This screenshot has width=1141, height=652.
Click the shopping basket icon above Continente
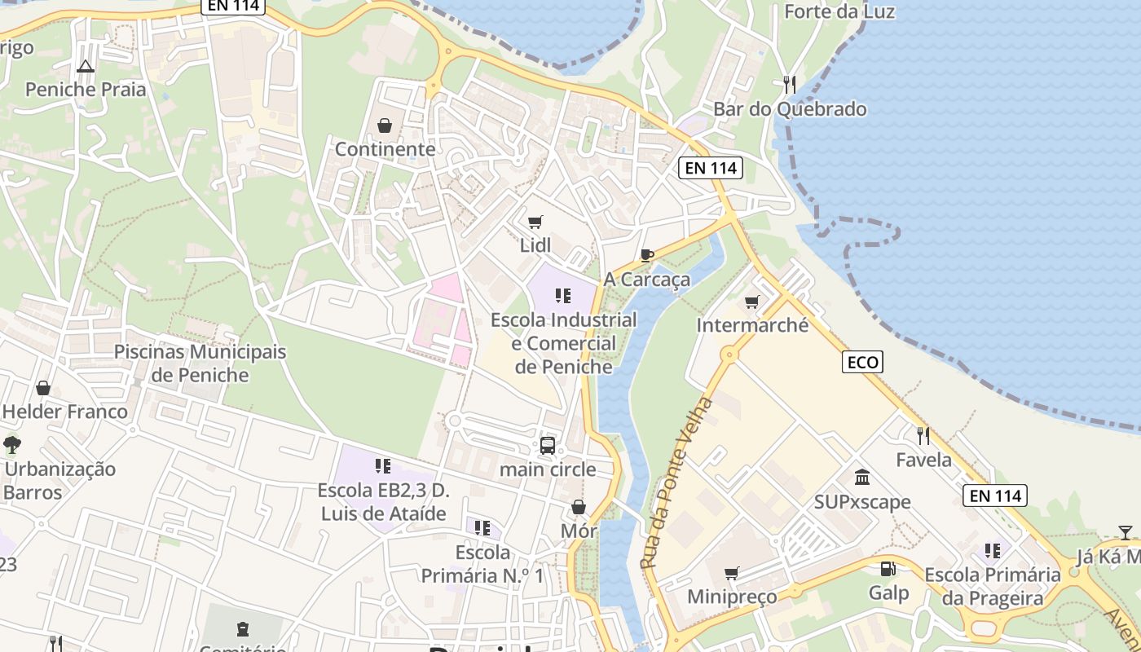click(384, 126)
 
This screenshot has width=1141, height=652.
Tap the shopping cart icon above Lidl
click(535, 222)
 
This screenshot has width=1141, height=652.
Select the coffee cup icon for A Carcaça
click(647, 256)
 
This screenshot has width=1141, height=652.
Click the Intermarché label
click(752, 325)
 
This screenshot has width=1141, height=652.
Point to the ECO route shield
click(862, 362)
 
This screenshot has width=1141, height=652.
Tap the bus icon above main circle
click(548, 446)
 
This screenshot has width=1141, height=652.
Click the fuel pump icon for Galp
click(888, 569)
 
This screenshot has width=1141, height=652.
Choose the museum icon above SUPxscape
click(862, 477)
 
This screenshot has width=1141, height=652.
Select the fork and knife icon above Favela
click(923, 435)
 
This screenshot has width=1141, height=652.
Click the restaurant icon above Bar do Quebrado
click(789, 84)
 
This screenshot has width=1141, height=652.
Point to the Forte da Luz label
click(839, 11)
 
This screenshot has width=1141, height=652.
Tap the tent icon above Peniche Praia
click(85, 65)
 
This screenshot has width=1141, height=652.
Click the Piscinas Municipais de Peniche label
click(200, 363)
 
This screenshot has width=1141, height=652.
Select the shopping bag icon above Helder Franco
click(43, 387)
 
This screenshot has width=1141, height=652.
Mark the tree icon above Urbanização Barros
click(12, 445)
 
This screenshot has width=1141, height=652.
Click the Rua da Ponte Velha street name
click(676, 483)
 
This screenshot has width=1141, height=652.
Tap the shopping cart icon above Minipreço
click(732, 573)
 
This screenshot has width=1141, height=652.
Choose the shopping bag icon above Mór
click(579, 508)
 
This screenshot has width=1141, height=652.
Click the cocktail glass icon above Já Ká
click(1125, 533)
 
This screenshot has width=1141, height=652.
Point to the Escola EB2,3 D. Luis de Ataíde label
click(383, 502)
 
